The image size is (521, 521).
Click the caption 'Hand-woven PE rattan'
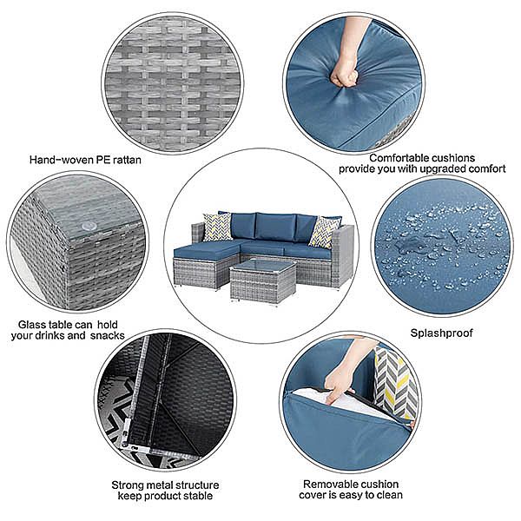pyautogui.click(x=85, y=160)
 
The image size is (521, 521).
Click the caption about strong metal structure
pyautogui.click(x=163, y=490)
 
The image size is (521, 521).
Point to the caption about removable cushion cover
pyautogui.click(x=352, y=489)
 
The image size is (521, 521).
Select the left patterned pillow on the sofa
pyautogui.click(x=217, y=228)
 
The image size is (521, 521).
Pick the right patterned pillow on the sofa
pyautogui.click(x=323, y=232)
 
